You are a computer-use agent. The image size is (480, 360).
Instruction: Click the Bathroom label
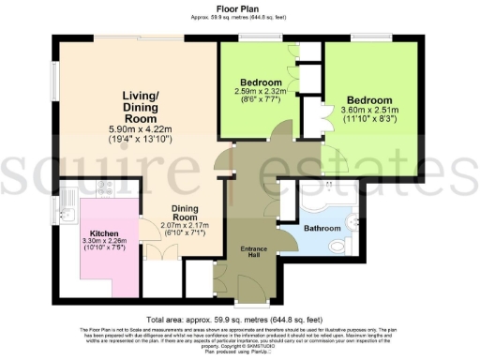tap(322, 228)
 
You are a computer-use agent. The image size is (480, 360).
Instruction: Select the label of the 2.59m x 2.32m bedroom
tap(262, 82)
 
